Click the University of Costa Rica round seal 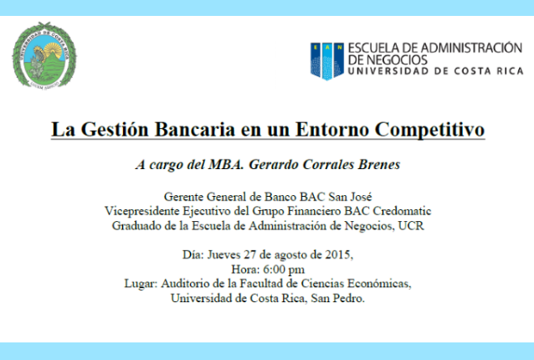click(44, 55)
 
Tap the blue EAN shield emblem click(327, 61)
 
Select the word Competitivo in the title click(429, 130)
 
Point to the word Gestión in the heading click(115, 130)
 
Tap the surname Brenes click(378, 164)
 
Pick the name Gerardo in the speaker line click(273, 164)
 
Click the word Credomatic click(402, 211)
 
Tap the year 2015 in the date click(337, 255)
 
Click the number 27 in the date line click(250, 255)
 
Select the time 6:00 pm click(284, 270)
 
